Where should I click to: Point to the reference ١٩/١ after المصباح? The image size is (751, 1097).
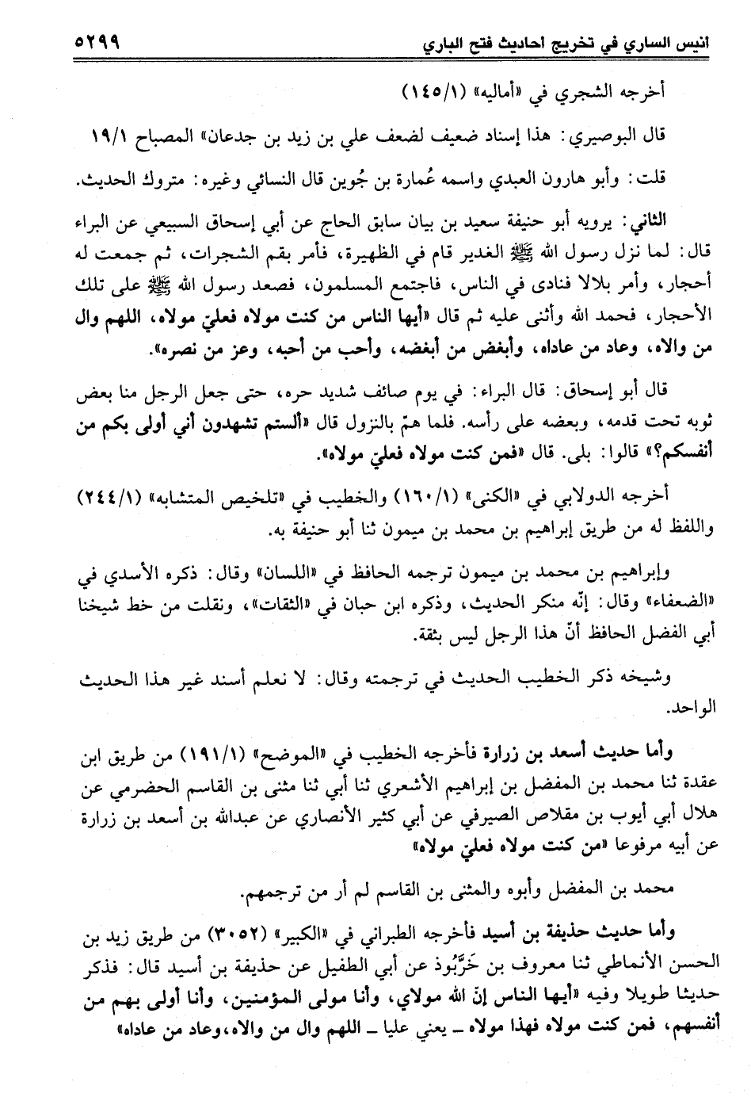pos(104,136)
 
